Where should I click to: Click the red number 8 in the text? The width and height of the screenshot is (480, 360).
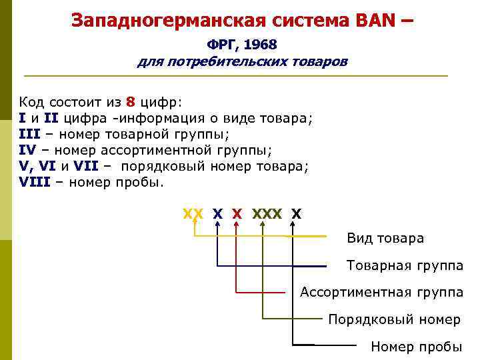pos(131,103)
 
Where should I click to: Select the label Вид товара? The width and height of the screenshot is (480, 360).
pos(385,238)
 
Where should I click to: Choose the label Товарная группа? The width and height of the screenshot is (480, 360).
pos(405,265)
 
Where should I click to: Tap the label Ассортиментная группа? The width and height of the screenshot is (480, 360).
pos(382,292)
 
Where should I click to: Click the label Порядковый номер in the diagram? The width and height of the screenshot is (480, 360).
pos(394,319)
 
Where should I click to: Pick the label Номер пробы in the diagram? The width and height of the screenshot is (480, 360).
pos(416,347)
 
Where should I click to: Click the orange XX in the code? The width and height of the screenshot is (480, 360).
pos(193,214)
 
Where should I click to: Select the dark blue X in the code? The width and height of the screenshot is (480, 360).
pos(217,214)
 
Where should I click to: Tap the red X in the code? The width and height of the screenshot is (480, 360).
pos(237,214)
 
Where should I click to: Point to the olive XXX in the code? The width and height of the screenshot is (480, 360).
pos(266,214)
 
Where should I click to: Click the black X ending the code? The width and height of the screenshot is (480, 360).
pos(297,214)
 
